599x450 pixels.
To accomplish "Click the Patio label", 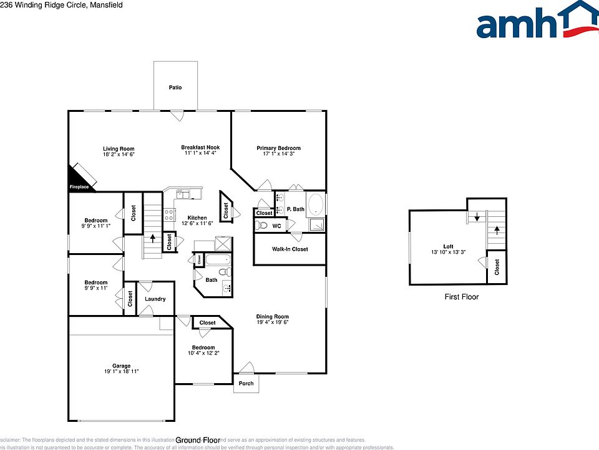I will pyautogui.click(x=175, y=87).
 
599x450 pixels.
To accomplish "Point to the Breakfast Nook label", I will pyautogui.click(x=200, y=147).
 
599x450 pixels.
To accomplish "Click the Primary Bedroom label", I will pyautogui.click(x=278, y=148).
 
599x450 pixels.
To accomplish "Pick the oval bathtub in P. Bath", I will pyautogui.click(x=316, y=204).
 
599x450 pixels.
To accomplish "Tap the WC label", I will pyautogui.click(x=275, y=226).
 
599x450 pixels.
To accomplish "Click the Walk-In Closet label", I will pyautogui.click(x=290, y=249).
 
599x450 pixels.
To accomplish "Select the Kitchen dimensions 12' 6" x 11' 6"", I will pyautogui.click(x=197, y=223).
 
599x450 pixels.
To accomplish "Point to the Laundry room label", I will pyautogui.click(x=155, y=299).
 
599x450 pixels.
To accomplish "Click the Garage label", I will pyautogui.click(x=121, y=366).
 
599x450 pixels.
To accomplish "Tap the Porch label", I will pyautogui.click(x=246, y=383).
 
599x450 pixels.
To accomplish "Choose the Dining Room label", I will pyautogui.click(x=272, y=317).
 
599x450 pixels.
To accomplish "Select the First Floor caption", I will pyautogui.click(x=461, y=297).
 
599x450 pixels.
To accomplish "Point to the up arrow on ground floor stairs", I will pyautogui.click(x=153, y=239).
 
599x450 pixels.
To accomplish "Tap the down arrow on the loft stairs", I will pyautogui.click(x=477, y=217).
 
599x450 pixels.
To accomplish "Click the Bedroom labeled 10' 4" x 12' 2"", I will pyautogui.click(x=203, y=347).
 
